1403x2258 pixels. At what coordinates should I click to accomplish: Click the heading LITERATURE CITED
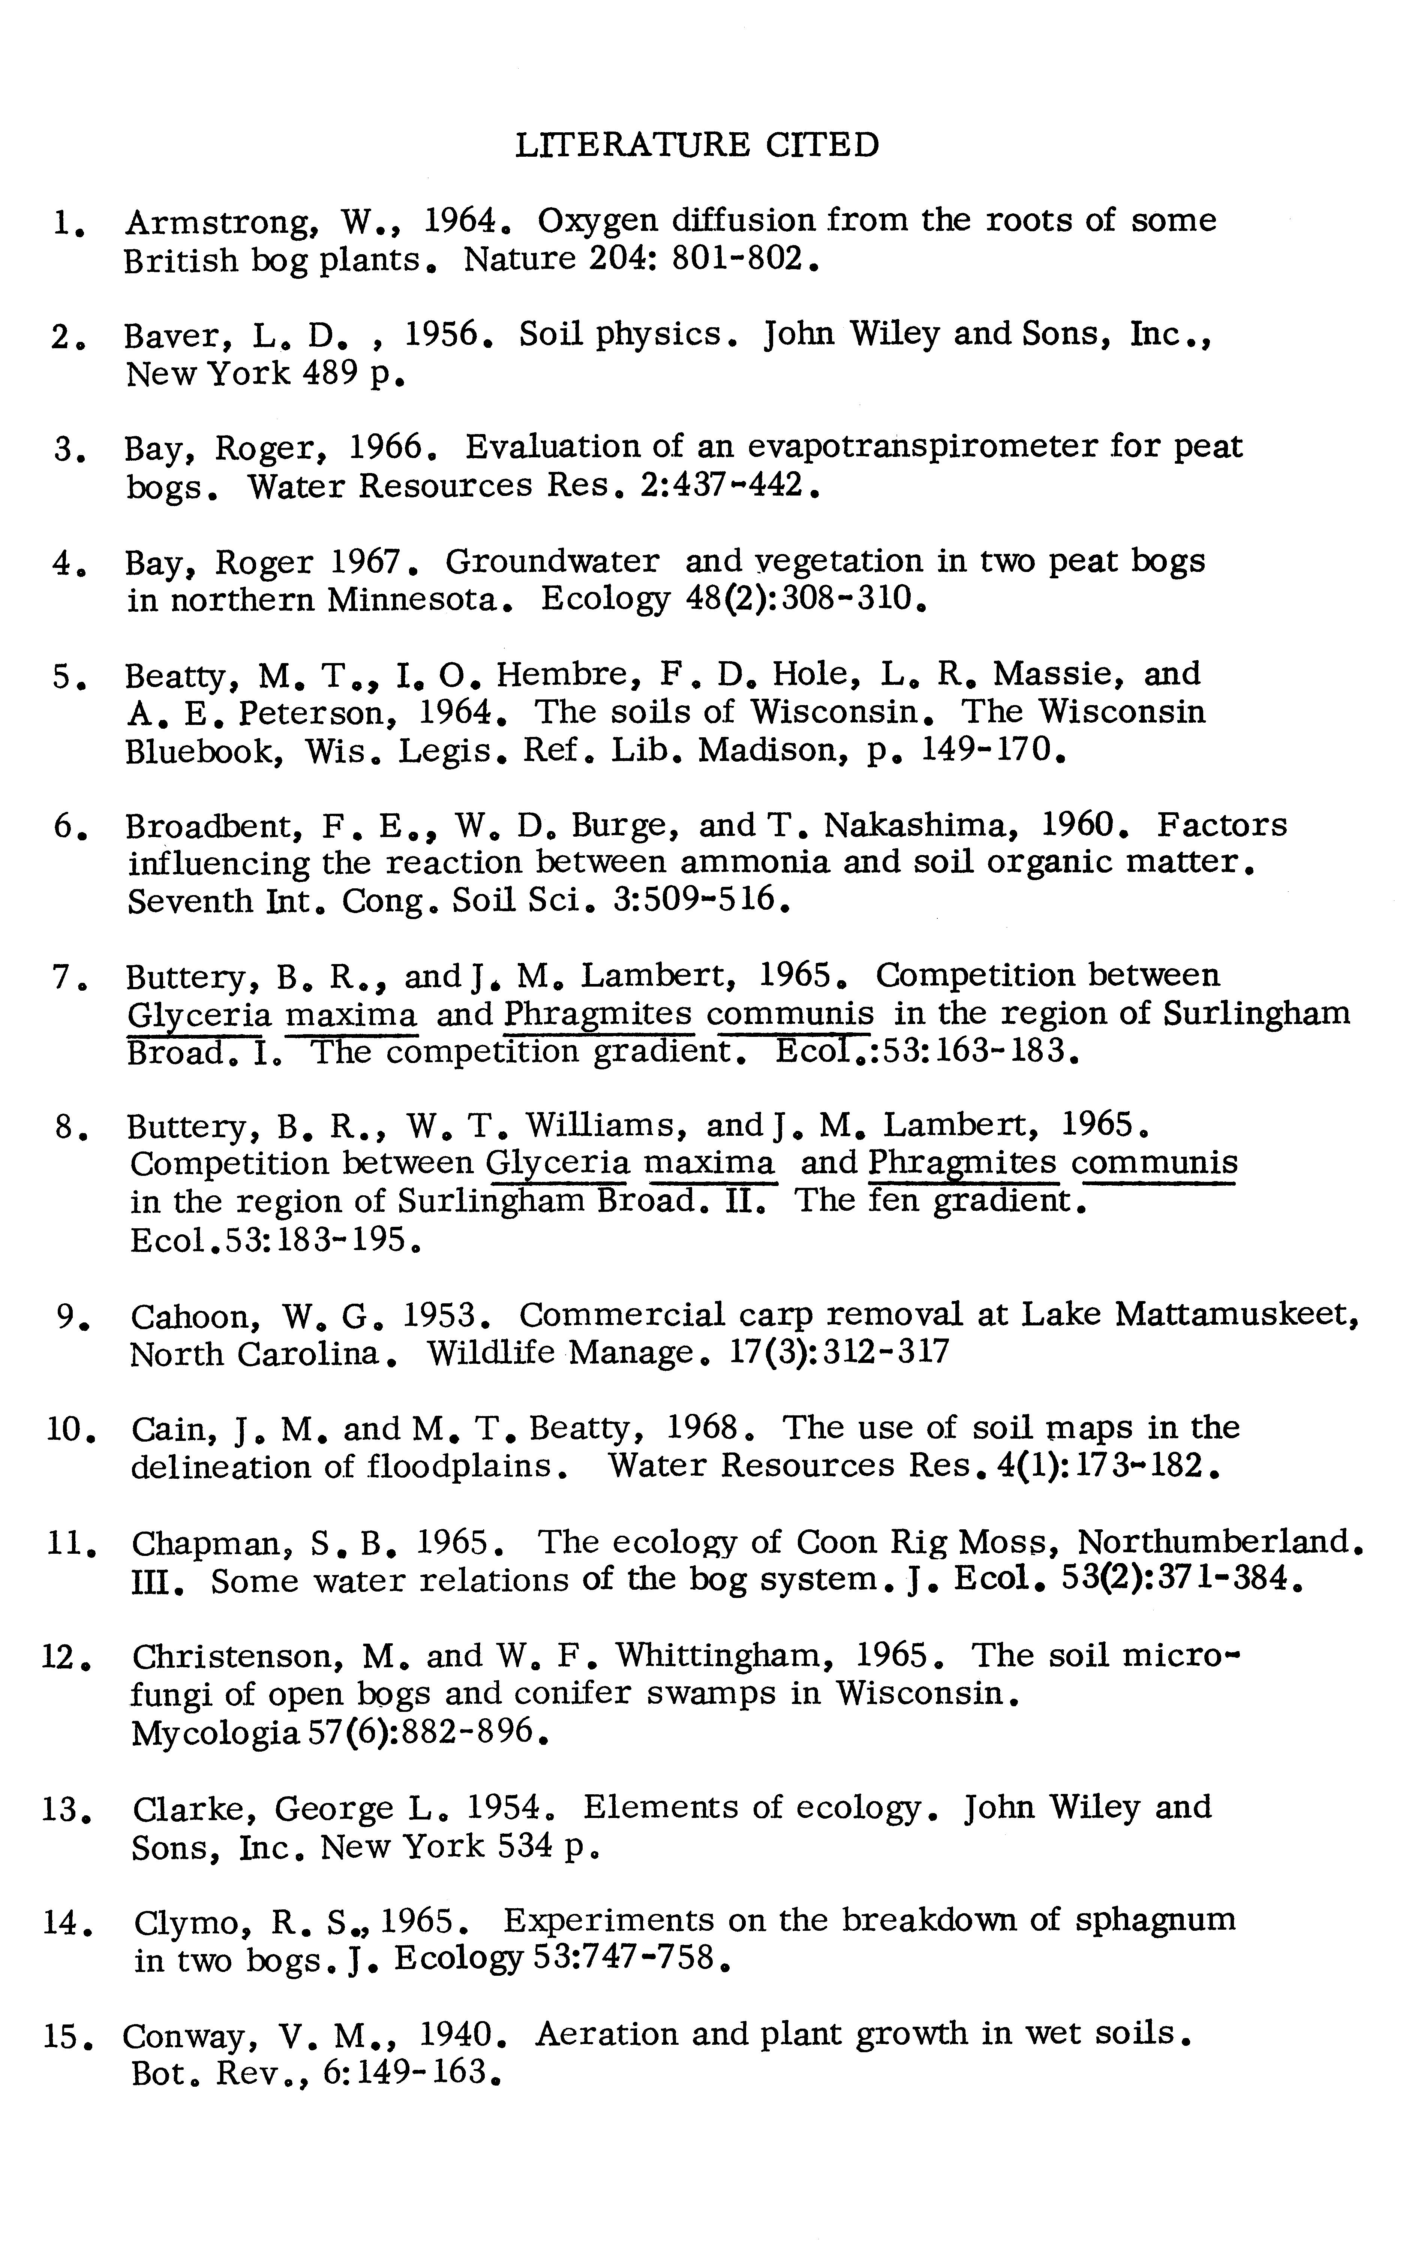(x=696, y=146)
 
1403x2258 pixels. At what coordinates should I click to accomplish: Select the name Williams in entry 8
(x=601, y=1126)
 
